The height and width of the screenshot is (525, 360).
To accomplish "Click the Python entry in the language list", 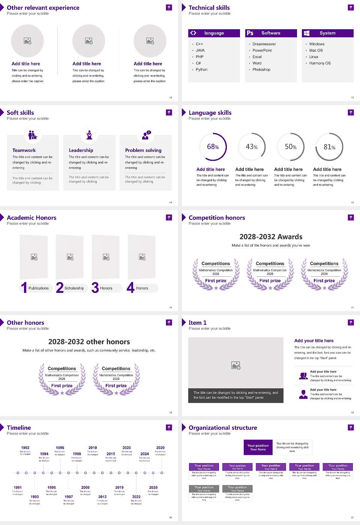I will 201,70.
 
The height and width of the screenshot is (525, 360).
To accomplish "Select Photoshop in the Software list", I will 261,70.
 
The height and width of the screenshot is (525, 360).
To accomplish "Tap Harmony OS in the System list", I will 320,63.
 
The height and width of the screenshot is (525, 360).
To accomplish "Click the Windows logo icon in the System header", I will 306,33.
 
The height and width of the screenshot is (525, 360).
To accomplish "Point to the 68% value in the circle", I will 213,147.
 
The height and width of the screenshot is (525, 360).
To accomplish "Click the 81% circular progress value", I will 329,147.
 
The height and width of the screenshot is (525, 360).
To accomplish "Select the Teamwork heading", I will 24,150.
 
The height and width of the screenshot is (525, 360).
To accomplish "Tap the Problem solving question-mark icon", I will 146,135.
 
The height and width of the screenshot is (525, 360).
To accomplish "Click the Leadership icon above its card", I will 89,135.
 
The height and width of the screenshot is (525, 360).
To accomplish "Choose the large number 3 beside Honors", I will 95,288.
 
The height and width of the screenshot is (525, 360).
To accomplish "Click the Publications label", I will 39,288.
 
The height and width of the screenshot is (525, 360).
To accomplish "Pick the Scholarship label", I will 74,288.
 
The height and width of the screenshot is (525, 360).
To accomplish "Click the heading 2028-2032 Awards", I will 271,237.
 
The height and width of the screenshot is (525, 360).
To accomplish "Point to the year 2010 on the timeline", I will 93,448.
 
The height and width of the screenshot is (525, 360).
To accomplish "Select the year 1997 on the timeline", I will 69,497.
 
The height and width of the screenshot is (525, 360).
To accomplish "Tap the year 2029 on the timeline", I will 160,448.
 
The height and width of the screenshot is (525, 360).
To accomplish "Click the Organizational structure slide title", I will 223,428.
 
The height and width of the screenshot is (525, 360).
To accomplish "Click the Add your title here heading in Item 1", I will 314,341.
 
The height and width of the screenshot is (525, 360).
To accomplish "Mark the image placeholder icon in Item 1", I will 236,365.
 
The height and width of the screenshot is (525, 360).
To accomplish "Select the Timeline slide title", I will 19,428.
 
